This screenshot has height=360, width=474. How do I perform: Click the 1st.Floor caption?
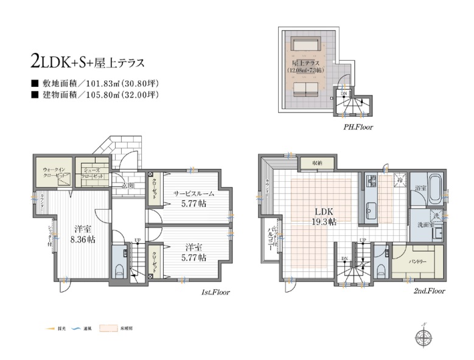tap(215, 292)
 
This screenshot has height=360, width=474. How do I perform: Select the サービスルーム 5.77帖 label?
tap(193, 199)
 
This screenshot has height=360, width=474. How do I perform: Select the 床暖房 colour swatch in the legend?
tap(108, 328)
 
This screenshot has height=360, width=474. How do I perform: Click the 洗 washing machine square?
tap(436, 215)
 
